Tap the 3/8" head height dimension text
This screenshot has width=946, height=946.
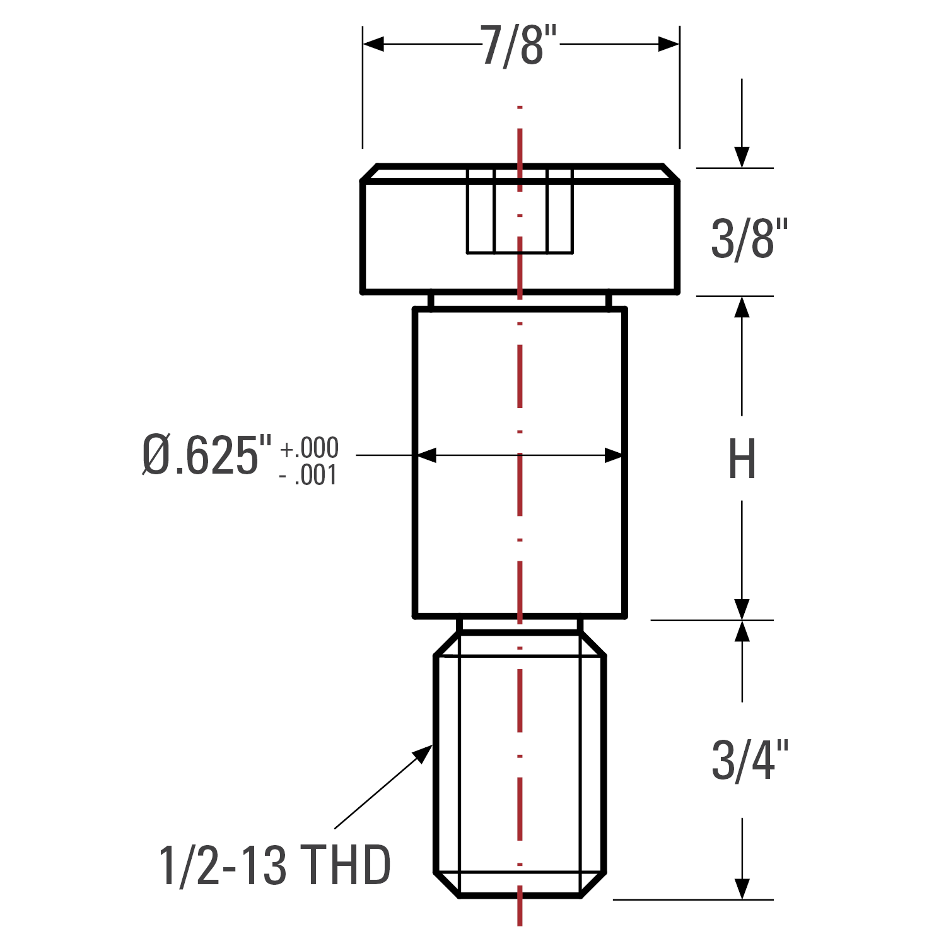(x=749, y=239)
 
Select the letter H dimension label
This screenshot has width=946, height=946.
(x=742, y=459)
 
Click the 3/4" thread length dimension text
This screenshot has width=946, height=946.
(x=750, y=761)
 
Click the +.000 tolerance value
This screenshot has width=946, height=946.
(x=309, y=448)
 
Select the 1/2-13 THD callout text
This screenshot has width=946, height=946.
(x=275, y=865)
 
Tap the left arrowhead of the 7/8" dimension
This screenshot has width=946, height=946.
(x=373, y=44)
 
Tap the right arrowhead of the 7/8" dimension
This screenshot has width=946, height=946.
(x=669, y=44)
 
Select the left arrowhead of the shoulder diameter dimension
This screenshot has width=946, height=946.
(x=426, y=455)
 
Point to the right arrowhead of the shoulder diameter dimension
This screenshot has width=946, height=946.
(x=614, y=455)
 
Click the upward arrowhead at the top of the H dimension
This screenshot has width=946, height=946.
(x=742, y=307)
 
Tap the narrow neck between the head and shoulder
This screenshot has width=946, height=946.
(x=520, y=301)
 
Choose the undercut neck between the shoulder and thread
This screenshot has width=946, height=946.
(x=520, y=625)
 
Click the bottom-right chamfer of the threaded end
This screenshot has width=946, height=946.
(x=593, y=884)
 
